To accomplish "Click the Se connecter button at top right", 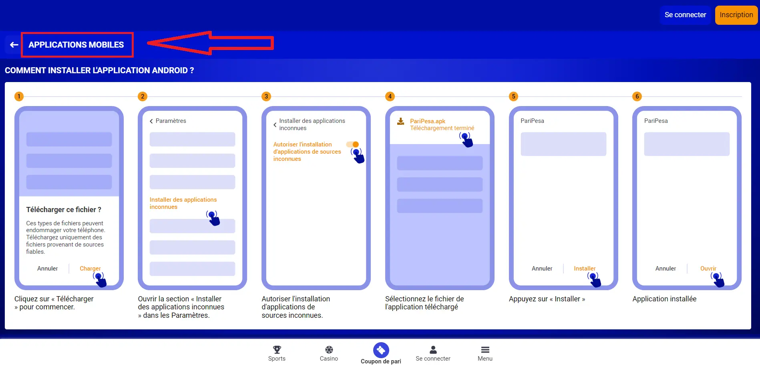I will click(x=685, y=15).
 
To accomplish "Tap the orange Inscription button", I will click(x=736, y=15).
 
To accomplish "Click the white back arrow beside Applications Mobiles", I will click(x=14, y=45).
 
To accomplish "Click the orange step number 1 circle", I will click(x=19, y=96).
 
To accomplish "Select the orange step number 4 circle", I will click(x=390, y=96).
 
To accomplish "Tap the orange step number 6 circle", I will click(x=637, y=96).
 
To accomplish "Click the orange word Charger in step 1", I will click(x=90, y=269).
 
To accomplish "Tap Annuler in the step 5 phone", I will click(x=542, y=269).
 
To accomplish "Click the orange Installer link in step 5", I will click(x=585, y=269).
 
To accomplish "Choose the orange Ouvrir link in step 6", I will click(x=708, y=269).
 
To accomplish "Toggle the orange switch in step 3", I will click(x=353, y=144).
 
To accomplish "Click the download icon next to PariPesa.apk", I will click(x=400, y=121).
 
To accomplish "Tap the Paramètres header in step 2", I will click(x=170, y=121).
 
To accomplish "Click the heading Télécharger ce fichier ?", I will click(x=64, y=210).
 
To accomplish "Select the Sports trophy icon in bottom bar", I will click(x=277, y=350).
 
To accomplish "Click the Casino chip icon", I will click(x=329, y=350).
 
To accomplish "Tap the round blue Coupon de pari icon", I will click(x=381, y=350).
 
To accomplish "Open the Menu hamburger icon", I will click(x=485, y=350).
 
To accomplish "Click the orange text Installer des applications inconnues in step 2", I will click(x=183, y=203).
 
